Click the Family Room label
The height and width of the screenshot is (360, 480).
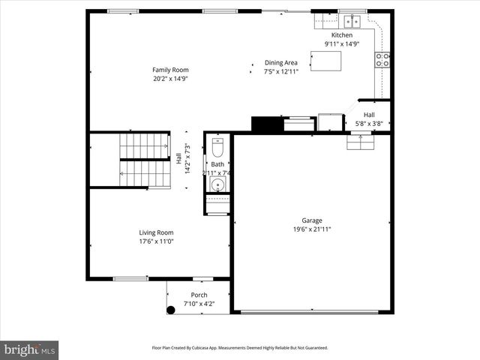[169, 70]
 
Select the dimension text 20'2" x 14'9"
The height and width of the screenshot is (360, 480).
[169, 78]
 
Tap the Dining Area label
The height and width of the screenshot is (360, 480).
[280, 63]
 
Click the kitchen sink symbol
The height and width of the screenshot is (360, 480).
[352, 22]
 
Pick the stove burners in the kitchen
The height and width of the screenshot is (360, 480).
[382, 60]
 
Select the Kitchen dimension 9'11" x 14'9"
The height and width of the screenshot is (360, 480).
[341, 44]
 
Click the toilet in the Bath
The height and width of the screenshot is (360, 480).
[218, 146]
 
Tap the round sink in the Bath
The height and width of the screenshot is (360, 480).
[217, 184]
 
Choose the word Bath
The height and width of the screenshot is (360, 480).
[217, 164]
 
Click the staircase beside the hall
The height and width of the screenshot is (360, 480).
[145, 160]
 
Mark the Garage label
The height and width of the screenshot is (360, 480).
[312, 220]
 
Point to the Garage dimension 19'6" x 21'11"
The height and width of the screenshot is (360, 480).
[312, 229]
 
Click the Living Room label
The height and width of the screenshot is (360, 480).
[156, 232]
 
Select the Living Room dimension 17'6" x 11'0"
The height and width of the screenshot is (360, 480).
[156, 241]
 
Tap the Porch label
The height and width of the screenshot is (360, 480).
[199, 295]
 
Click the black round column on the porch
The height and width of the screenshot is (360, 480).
[170, 309]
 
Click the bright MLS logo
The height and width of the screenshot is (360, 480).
[30, 349]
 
